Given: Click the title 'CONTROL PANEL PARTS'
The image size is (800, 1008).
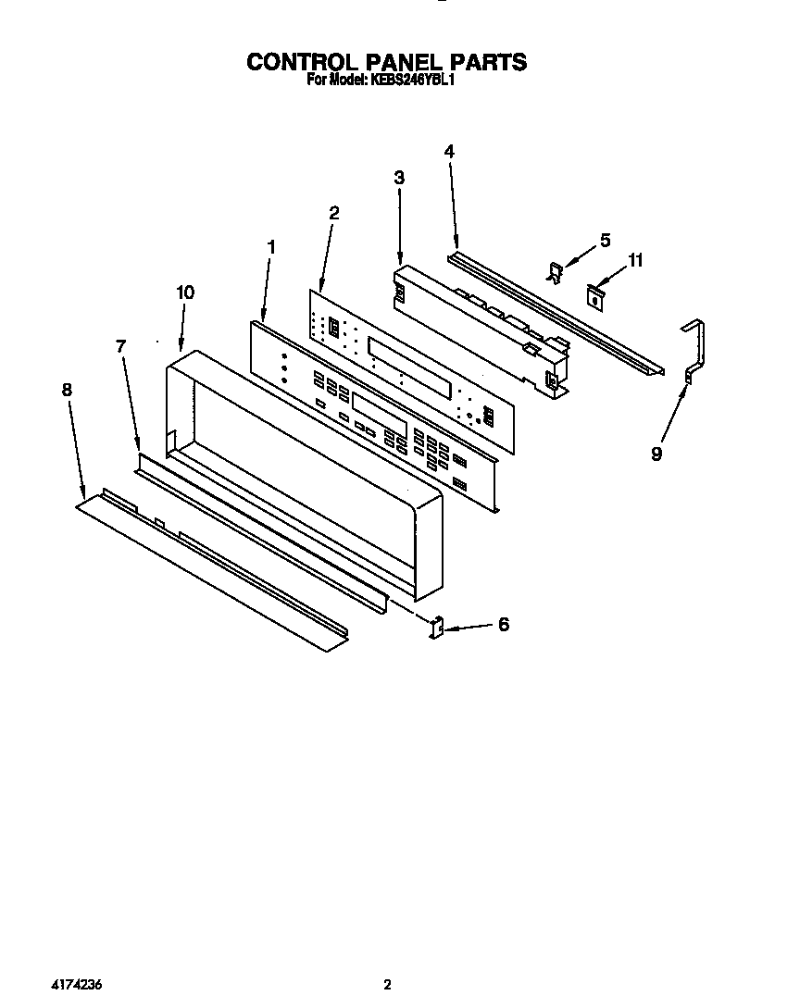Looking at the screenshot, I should [386, 62].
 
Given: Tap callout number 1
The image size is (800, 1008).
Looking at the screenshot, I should [271, 246].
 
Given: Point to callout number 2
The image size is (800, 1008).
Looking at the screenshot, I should [334, 213].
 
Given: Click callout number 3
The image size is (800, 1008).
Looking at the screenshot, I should [399, 178].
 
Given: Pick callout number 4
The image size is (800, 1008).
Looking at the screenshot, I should [448, 151].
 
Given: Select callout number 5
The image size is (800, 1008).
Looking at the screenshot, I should [605, 241].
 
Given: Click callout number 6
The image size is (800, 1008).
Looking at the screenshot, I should [504, 625].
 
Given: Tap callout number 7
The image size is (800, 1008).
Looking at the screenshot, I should [120, 346].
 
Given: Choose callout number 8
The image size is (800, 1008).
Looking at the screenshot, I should [66, 390].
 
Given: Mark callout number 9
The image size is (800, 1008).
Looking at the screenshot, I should [656, 454].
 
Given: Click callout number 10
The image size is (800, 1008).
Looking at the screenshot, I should [185, 292].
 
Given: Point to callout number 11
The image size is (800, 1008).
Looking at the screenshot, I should [635, 261].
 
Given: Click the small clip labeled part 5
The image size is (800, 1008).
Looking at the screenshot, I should [556, 272].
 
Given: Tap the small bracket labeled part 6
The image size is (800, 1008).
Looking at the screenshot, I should [438, 628].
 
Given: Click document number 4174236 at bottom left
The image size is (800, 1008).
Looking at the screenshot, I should [77, 985].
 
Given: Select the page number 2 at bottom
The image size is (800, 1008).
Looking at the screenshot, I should [389, 985].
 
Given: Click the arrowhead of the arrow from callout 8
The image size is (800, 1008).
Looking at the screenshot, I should [85, 494].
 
